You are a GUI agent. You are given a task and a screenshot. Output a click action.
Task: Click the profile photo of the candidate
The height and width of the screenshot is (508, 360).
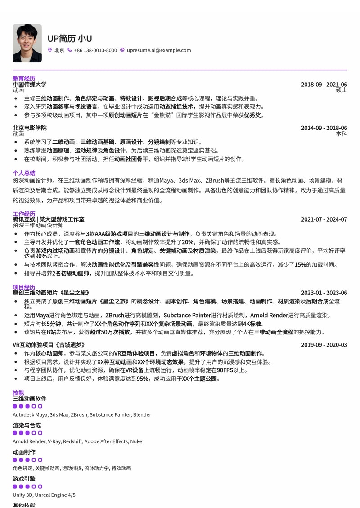click(x=27, y=43)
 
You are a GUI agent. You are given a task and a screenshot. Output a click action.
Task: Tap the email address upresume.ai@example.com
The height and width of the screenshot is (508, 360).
click(x=158, y=50)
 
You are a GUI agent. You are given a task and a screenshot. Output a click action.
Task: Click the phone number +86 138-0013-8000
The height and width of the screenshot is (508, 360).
click(x=95, y=50)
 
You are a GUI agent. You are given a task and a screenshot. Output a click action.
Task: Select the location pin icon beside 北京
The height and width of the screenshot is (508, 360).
click(x=50, y=50)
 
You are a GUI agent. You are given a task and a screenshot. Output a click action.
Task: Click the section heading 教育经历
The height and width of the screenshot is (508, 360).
click(x=24, y=78)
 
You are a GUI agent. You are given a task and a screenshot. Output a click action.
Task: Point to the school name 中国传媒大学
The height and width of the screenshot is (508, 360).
click(x=30, y=84)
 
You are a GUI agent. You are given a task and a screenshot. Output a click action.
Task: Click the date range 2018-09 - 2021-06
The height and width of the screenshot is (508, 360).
click(x=324, y=85)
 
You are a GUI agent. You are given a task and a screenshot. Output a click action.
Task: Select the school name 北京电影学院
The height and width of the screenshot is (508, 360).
click(x=30, y=128)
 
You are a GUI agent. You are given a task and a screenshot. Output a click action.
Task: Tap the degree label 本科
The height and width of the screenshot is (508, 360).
click(x=342, y=134)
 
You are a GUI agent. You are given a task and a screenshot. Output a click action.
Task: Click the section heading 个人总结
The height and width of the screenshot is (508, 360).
click(x=24, y=173)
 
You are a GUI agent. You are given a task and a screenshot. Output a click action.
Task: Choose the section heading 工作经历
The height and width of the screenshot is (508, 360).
click(x=24, y=214)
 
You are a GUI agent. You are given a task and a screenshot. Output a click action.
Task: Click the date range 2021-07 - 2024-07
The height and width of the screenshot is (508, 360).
click(x=324, y=219)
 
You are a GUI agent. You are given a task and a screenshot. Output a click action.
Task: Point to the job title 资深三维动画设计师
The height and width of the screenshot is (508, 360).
click(x=38, y=225)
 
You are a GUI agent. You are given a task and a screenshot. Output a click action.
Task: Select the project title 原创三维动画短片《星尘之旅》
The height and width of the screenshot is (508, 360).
click(x=51, y=293)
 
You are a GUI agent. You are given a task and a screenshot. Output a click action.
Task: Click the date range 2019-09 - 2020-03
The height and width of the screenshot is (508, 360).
click(x=324, y=345)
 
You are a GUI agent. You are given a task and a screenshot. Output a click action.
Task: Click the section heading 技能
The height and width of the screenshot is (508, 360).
click(x=18, y=392)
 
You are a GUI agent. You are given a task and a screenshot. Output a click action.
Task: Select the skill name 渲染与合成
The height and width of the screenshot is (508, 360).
click(x=27, y=425)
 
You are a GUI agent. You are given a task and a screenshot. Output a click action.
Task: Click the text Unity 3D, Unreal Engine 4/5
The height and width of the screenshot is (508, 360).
click(x=44, y=495)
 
